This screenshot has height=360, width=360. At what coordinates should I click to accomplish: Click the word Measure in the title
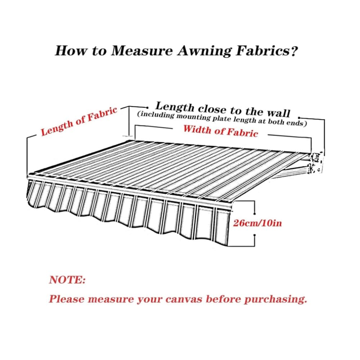tap(141, 50)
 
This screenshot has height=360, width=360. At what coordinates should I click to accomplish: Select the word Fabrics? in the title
tap(267, 50)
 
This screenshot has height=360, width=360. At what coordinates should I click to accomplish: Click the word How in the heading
tap(71, 50)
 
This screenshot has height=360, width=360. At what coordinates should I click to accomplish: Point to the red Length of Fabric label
tap(79, 121)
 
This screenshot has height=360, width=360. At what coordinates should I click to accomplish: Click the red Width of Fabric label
tap(221, 131)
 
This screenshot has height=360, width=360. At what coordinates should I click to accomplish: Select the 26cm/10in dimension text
tap(257, 223)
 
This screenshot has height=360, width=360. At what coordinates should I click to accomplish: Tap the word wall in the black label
tap(279, 113)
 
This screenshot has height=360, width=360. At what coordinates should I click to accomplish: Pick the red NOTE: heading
tap(67, 280)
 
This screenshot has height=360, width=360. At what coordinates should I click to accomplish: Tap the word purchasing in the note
tap(275, 300)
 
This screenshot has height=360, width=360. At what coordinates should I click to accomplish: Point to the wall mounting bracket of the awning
tap(316, 162)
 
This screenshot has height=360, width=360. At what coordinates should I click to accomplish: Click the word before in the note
tap(223, 299)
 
